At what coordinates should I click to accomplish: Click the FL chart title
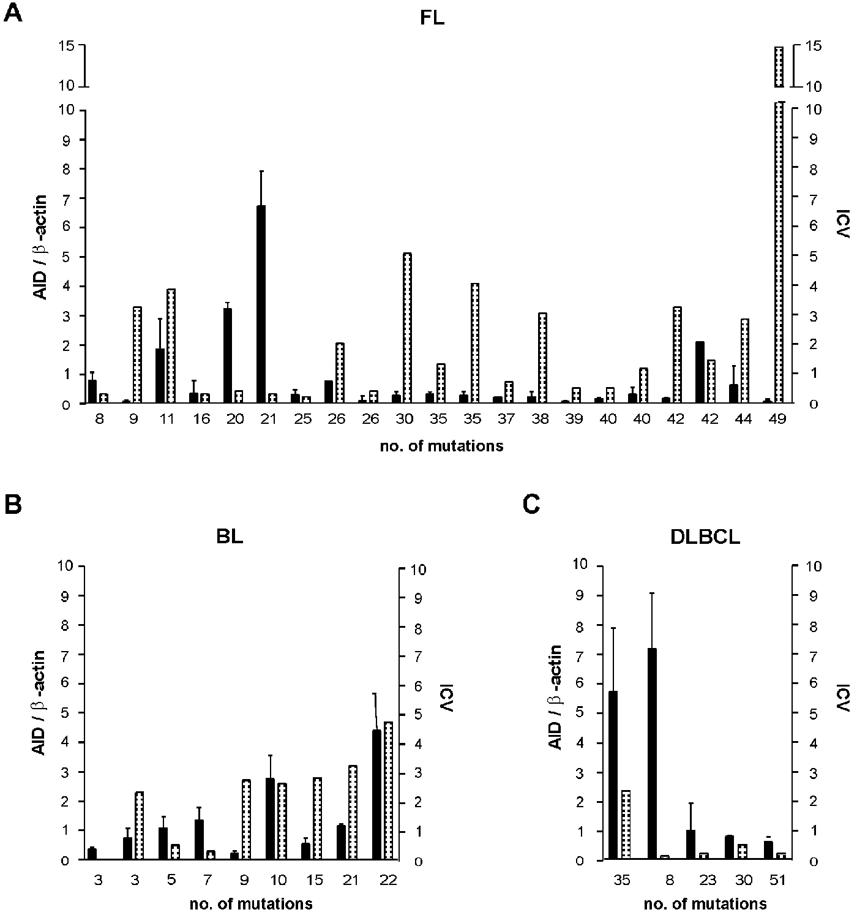point(432,19)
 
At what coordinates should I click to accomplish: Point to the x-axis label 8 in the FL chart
point(99,420)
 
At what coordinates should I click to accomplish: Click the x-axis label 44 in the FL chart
point(744,420)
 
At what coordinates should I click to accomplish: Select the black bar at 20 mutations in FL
point(228,355)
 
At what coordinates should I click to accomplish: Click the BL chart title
point(230,537)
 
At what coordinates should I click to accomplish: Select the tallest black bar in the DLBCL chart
point(652,754)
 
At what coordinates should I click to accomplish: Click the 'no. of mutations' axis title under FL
point(441,446)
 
